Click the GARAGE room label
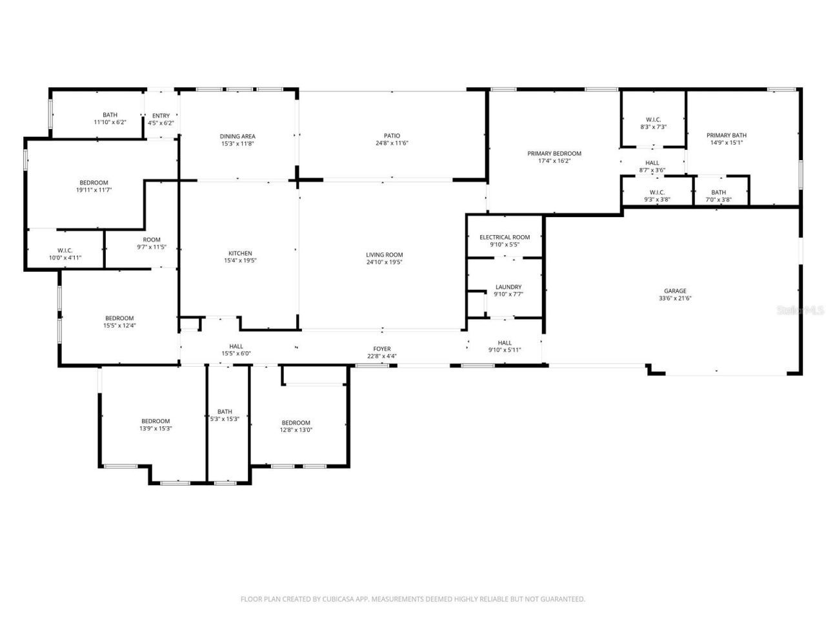(x=675, y=291)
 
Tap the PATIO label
(x=392, y=136)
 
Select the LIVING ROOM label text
(x=384, y=254)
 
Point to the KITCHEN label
(x=240, y=253)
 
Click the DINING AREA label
(x=237, y=136)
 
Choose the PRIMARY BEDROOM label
(x=554, y=154)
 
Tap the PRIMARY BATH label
(x=726, y=136)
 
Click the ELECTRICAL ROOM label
(x=505, y=237)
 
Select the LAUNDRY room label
(x=509, y=287)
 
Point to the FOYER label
(x=382, y=349)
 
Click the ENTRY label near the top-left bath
(x=161, y=116)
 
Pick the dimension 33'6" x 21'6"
(x=675, y=298)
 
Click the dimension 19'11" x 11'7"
(x=94, y=190)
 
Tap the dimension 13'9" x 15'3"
(x=156, y=428)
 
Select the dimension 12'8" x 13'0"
(x=296, y=430)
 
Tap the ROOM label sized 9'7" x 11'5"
(x=152, y=240)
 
